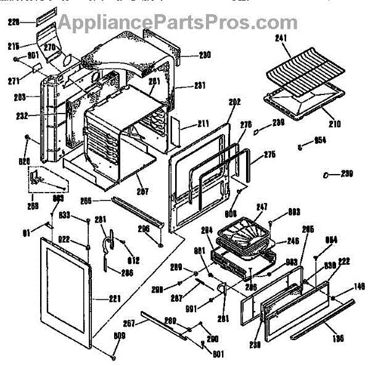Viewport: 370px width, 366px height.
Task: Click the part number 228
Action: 13,22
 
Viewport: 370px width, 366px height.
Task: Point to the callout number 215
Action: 13,46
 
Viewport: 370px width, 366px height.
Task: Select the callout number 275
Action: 269,155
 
